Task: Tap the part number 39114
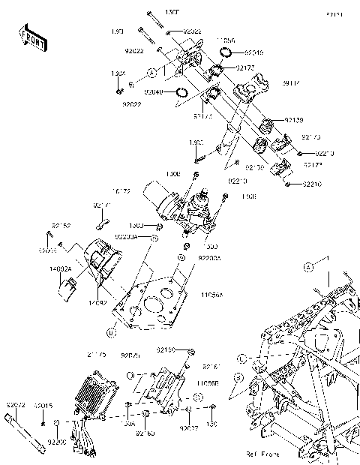(x=292, y=83)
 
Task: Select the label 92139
(x=295, y=120)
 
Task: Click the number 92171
(x=102, y=205)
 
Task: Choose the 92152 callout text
(x=61, y=225)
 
